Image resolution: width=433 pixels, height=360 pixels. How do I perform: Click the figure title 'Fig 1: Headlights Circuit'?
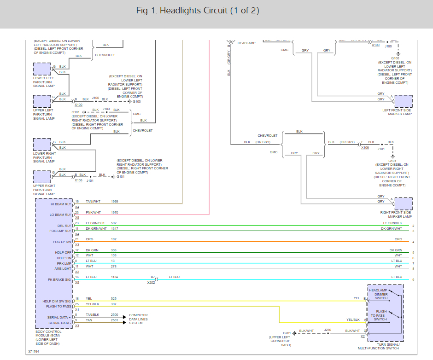[x=198, y=11]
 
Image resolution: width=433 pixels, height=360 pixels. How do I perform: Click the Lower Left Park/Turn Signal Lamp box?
[x=42, y=69]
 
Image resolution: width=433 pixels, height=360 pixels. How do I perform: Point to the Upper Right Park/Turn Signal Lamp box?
[x=42, y=177]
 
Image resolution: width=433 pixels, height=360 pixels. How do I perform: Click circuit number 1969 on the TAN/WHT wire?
[x=114, y=202]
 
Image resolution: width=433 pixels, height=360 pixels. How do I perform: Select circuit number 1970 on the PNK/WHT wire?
[x=114, y=213]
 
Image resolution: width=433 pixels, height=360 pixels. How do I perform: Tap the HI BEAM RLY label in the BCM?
[x=61, y=203]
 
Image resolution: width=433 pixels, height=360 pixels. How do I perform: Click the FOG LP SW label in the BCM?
[x=62, y=242]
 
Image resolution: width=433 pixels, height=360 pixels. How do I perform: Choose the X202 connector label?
[x=151, y=282]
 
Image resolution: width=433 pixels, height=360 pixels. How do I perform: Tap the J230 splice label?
[x=328, y=330]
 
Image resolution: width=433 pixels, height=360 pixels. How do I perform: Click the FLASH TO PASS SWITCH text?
[x=380, y=315]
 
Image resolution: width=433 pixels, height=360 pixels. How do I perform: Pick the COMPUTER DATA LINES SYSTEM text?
[x=138, y=319]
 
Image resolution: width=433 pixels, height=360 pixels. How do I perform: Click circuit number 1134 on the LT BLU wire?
[x=115, y=277]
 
